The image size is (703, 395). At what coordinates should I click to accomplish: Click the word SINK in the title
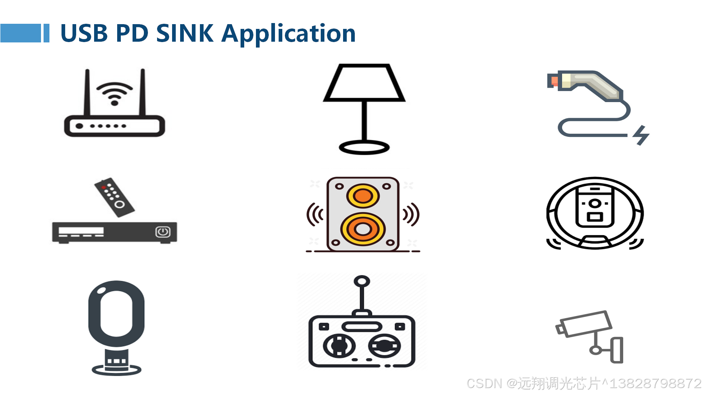[185, 33]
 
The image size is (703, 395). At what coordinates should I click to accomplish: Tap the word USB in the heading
[84, 33]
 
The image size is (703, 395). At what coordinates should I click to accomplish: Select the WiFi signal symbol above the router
[114, 93]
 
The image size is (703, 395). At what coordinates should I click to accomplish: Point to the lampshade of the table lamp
[364, 83]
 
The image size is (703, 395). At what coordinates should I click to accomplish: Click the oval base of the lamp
[364, 147]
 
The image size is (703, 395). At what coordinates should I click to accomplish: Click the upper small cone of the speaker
[363, 196]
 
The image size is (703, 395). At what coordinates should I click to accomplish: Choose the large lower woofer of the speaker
[363, 229]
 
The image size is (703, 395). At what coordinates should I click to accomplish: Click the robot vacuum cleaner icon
[595, 214]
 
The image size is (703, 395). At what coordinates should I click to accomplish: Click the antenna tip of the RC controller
[362, 281]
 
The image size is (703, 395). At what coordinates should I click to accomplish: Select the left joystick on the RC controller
[339, 346]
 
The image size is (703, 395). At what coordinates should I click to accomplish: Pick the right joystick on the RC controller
[384, 346]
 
